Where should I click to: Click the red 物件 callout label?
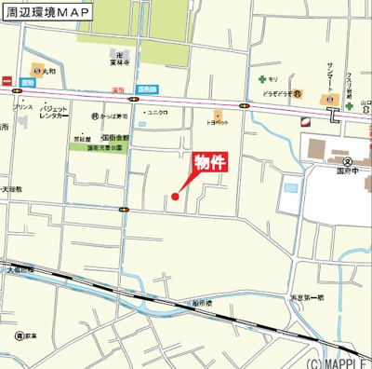(210, 161)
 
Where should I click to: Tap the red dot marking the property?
(175, 196)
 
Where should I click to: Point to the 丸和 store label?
(53, 69)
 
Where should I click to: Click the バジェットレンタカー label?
(53, 113)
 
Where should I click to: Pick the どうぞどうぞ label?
(278, 94)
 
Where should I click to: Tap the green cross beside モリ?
(262, 79)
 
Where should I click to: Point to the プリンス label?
(23, 107)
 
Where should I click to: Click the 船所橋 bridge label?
(198, 305)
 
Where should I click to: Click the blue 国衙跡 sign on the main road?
(147, 89)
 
